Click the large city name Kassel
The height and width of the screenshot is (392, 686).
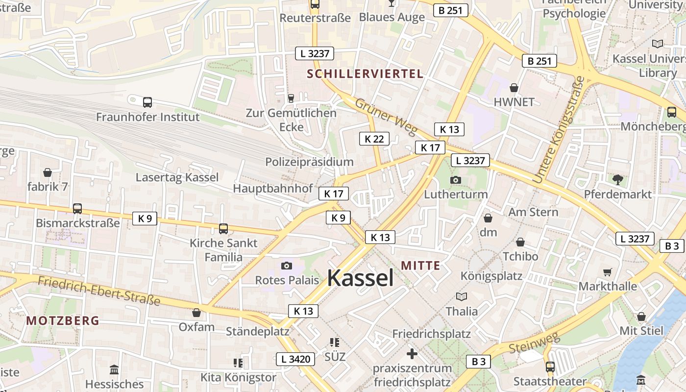(x=360, y=278)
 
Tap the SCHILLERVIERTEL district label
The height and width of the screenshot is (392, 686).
(x=365, y=74)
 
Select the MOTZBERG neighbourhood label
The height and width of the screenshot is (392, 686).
(x=63, y=321)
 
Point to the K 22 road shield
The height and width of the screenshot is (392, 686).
(x=374, y=139)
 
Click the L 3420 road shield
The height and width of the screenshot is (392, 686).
(x=295, y=359)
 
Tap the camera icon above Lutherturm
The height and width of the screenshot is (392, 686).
(x=455, y=180)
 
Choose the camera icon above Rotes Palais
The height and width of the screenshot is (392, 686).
(x=287, y=266)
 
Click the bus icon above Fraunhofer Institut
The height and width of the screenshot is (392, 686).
(x=147, y=102)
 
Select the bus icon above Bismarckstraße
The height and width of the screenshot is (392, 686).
(x=77, y=208)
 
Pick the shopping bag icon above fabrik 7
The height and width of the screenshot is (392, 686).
(x=48, y=172)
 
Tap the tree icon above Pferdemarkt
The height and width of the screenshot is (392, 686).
(x=617, y=179)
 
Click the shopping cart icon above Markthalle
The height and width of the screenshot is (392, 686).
(x=608, y=272)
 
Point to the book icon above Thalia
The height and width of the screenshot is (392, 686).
(x=461, y=296)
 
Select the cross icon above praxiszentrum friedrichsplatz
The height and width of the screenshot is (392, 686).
(x=412, y=353)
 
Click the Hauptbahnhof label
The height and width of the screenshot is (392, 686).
(x=273, y=188)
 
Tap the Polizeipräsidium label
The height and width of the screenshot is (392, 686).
(x=309, y=162)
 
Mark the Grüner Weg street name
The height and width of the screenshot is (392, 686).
(x=386, y=117)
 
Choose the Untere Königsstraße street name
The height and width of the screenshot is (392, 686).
(x=559, y=130)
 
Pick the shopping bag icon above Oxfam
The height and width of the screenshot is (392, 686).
(x=196, y=313)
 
